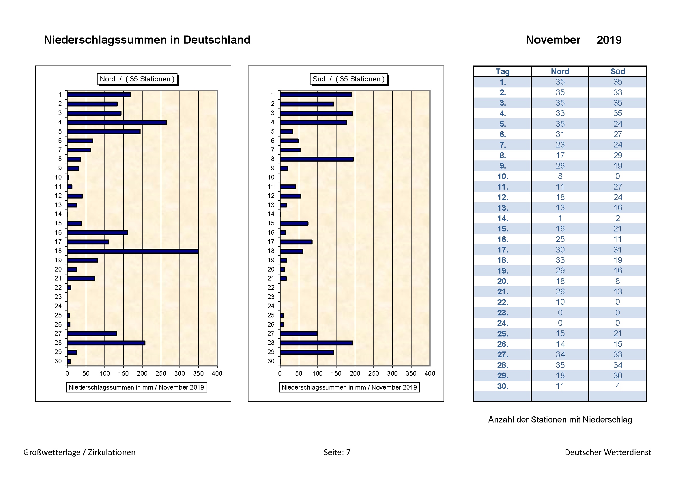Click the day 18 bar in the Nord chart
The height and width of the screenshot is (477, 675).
tap(133, 251)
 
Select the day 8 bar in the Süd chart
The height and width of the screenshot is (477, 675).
tap(317, 159)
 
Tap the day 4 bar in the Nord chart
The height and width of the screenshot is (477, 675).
tap(117, 122)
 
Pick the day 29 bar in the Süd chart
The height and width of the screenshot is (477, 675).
tap(307, 352)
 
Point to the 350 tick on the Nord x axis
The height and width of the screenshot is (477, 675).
tap(199, 373)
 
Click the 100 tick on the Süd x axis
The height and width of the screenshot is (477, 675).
tap(317, 373)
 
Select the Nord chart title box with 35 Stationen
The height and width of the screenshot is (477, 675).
tap(137, 79)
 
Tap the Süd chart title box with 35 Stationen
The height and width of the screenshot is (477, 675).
tap(349, 79)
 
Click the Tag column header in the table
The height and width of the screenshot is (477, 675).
tap(502, 71)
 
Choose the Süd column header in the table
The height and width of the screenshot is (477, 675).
tap(617, 71)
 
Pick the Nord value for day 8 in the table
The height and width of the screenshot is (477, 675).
tap(560, 155)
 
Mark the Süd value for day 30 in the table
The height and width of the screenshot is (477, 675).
tap(617, 386)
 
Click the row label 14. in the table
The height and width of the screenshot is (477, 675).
tap(502, 218)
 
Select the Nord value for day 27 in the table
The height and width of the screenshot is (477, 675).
tap(560, 354)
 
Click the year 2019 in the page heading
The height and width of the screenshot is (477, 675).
tap(609, 40)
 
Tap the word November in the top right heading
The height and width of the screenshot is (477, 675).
tap(553, 40)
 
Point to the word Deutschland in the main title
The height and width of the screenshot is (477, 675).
tap(217, 40)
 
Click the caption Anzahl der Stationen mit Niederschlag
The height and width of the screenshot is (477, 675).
tap(560, 419)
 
